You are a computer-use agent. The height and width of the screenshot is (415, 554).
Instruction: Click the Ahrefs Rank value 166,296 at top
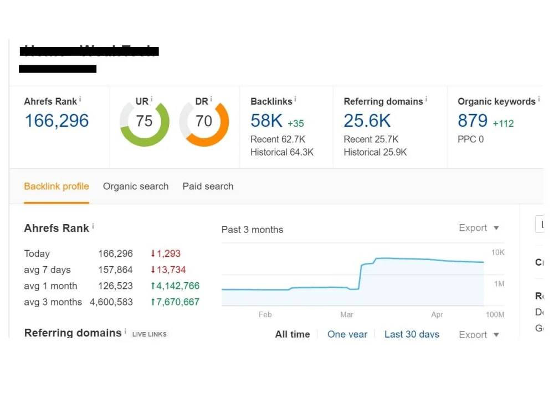tap(57, 121)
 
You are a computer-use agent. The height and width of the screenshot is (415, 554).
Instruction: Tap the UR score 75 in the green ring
tap(145, 121)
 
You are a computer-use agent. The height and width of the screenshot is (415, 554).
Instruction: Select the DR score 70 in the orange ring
tap(204, 121)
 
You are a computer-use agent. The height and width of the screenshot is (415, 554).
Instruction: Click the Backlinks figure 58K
tap(266, 121)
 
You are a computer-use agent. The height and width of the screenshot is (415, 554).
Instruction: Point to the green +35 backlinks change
tap(296, 123)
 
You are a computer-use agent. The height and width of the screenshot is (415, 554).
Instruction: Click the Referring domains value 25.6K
tap(367, 121)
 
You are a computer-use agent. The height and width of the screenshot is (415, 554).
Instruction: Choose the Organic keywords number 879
tap(473, 121)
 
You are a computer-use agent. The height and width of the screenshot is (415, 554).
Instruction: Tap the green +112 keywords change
tap(504, 123)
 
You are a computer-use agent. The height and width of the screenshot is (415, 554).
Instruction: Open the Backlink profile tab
tap(57, 186)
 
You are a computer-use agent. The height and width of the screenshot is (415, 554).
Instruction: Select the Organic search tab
tap(136, 186)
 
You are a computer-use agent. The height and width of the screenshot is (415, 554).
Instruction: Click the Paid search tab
tap(208, 186)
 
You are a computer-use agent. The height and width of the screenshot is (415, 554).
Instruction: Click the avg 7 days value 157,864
tap(115, 270)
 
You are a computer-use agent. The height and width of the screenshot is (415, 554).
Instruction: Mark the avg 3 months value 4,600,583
tap(111, 302)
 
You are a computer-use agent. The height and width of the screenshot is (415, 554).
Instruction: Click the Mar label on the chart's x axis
tap(347, 315)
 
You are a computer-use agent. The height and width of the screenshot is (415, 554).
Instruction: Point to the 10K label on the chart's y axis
tap(497, 253)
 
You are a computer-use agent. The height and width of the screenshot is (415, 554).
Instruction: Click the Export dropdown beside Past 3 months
tap(479, 228)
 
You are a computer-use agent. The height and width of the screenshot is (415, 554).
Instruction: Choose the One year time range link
tap(347, 334)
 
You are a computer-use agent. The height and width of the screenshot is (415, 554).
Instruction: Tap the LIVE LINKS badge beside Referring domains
tap(150, 334)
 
